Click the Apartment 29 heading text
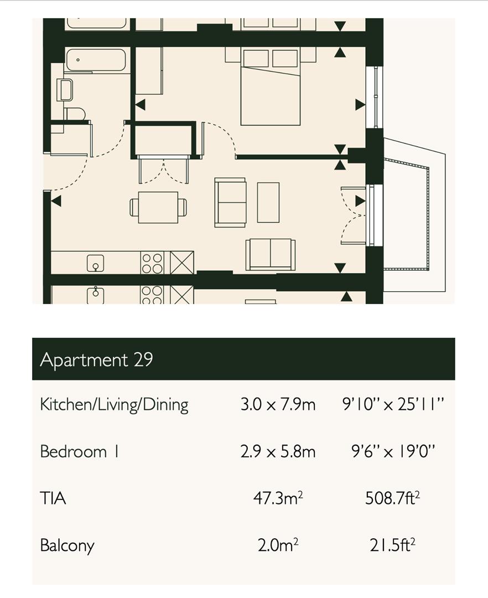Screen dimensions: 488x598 tap(96, 359)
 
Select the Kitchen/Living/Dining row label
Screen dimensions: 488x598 tap(115, 405)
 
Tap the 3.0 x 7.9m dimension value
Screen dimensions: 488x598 tap(278, 404)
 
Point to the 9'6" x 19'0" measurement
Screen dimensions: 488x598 tap(393, 452)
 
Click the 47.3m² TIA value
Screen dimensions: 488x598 tap(278, 498)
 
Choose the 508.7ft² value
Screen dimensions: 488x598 tap(393, 498)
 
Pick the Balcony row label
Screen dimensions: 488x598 tap(67, 546)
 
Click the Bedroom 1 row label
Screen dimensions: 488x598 tap(79, 452)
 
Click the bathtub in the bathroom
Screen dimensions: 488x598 tap(95, 60)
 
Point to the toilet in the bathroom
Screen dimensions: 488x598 tap(75, 114)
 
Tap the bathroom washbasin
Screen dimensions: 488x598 tap(65, 90)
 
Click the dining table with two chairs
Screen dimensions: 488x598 tap(158, 207)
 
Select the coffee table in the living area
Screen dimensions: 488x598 tap(268, 203)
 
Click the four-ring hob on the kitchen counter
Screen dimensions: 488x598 tap(152, 263)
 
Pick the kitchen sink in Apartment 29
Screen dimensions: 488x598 tap(96, 263)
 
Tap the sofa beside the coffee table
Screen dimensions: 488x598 tap(230, 202)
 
